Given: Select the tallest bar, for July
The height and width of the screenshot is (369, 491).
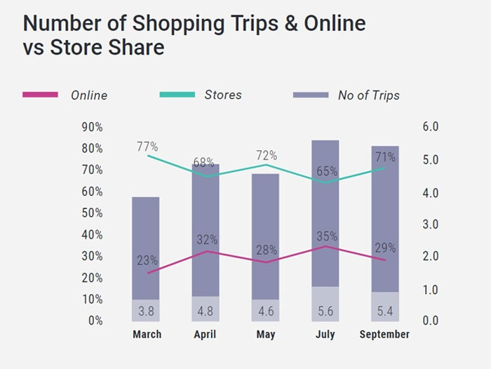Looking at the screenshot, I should click(325, 210).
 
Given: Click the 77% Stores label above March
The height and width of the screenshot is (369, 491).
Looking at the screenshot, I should click(147, 147).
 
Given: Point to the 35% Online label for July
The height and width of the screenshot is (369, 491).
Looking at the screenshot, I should click(326, 236).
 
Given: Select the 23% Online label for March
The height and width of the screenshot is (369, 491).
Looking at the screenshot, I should click(147, 260).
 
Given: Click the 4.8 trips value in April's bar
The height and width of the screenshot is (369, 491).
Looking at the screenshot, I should click(206, 310).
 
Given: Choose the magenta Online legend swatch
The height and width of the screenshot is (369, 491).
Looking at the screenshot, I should click(40, 95).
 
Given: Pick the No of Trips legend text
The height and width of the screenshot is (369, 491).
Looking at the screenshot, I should click(368, 95).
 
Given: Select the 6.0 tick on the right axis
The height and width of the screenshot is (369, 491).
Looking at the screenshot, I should click(430, 127).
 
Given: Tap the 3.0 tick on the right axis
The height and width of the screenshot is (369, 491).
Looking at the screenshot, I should click(430, 224).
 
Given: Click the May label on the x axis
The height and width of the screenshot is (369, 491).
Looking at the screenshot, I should click(266, 335).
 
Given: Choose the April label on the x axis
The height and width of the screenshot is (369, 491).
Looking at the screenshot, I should click(206, 335).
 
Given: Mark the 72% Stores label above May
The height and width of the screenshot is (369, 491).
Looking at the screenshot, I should click(267, 155).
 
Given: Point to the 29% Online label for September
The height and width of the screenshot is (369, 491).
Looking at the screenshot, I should click(385, 248).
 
